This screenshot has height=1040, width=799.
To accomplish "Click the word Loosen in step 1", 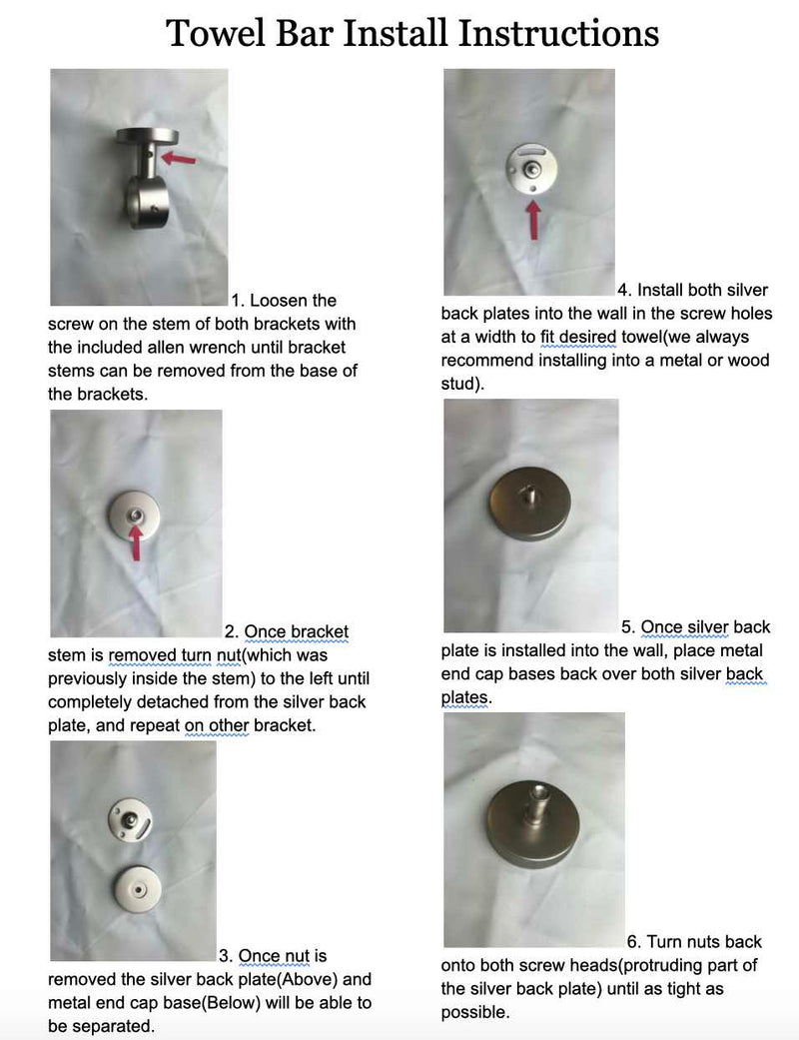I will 293,301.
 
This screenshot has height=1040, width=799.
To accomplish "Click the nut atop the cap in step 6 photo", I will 534,793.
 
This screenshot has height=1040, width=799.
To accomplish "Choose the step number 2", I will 231,631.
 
